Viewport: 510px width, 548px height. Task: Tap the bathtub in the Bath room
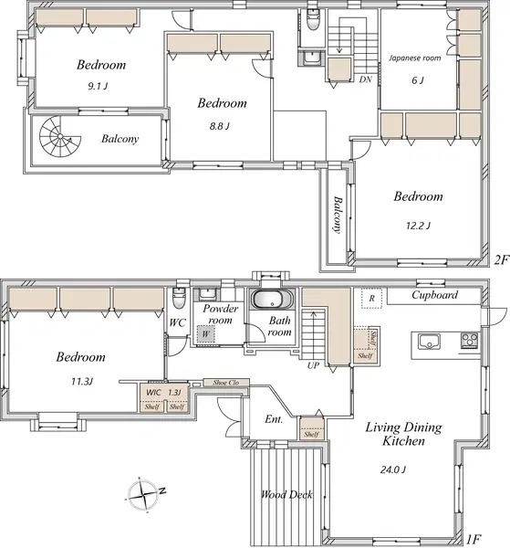(x=273, y=300)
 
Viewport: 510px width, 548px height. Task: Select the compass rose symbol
(x=144, y=494)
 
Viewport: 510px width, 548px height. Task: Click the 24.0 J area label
(x=392, y=469)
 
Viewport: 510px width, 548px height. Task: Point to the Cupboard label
(x=434, y=295)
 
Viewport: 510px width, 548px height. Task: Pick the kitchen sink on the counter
(x=430, y=341)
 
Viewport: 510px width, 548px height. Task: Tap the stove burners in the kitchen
(x=470, y=340)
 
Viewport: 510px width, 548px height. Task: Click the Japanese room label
(x=415, y=58)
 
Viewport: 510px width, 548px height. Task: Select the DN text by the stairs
(x=365, y=79)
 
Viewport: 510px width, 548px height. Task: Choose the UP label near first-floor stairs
(x=313, y=365)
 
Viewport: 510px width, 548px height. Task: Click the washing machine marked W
(x=205, y=333)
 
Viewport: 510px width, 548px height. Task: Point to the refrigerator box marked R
(x=371, y=298)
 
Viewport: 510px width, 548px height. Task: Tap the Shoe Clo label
(x=226, y=383)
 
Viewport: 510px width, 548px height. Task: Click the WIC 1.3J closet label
(x=163, y=392)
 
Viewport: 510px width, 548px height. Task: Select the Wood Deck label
(x=286, y=494)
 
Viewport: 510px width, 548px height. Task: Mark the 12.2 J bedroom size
(x=418, y=226)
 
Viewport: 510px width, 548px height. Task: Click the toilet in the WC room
(x=179, y=298)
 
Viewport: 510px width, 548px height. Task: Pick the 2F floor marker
(x=501, y=260)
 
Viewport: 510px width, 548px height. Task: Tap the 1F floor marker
(x=474, y=539)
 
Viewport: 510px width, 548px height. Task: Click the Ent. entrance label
(x=274, y=419)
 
